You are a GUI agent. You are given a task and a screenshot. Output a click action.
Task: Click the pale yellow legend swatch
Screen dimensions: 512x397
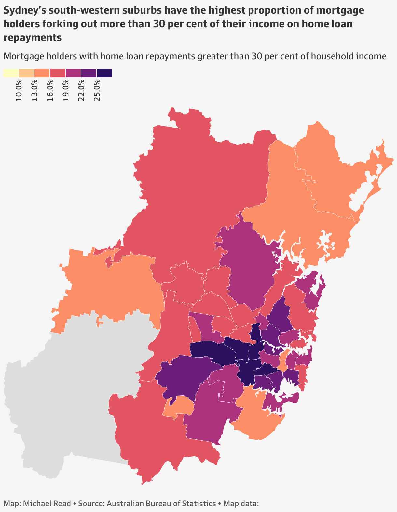tap(11, 73)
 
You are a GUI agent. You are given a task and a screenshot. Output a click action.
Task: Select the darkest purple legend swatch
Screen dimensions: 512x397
tap(104, 73)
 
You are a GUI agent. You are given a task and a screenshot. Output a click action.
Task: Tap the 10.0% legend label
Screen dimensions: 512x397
tap(19, 91)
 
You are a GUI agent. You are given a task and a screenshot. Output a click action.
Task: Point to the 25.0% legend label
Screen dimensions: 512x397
tap(97, 91)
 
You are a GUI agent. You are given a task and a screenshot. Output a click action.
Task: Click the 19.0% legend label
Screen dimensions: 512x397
tap(66, 91)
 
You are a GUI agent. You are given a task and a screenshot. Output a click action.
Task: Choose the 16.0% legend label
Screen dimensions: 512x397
tap(50, 91)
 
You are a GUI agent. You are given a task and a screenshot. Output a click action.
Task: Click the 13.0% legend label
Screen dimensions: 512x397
tap(34, 91)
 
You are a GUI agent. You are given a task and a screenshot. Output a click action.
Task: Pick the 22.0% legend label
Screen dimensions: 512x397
tap(81, 91)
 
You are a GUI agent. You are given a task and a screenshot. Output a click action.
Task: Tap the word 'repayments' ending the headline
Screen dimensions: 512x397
tap(33, 37)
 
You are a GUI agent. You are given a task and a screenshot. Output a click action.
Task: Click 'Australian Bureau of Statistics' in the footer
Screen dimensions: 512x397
tap(161, 503)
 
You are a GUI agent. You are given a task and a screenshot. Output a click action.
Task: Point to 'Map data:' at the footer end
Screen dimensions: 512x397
tap(240, 503)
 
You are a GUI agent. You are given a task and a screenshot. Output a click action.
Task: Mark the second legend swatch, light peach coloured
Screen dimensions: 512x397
tap(26, 73)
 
